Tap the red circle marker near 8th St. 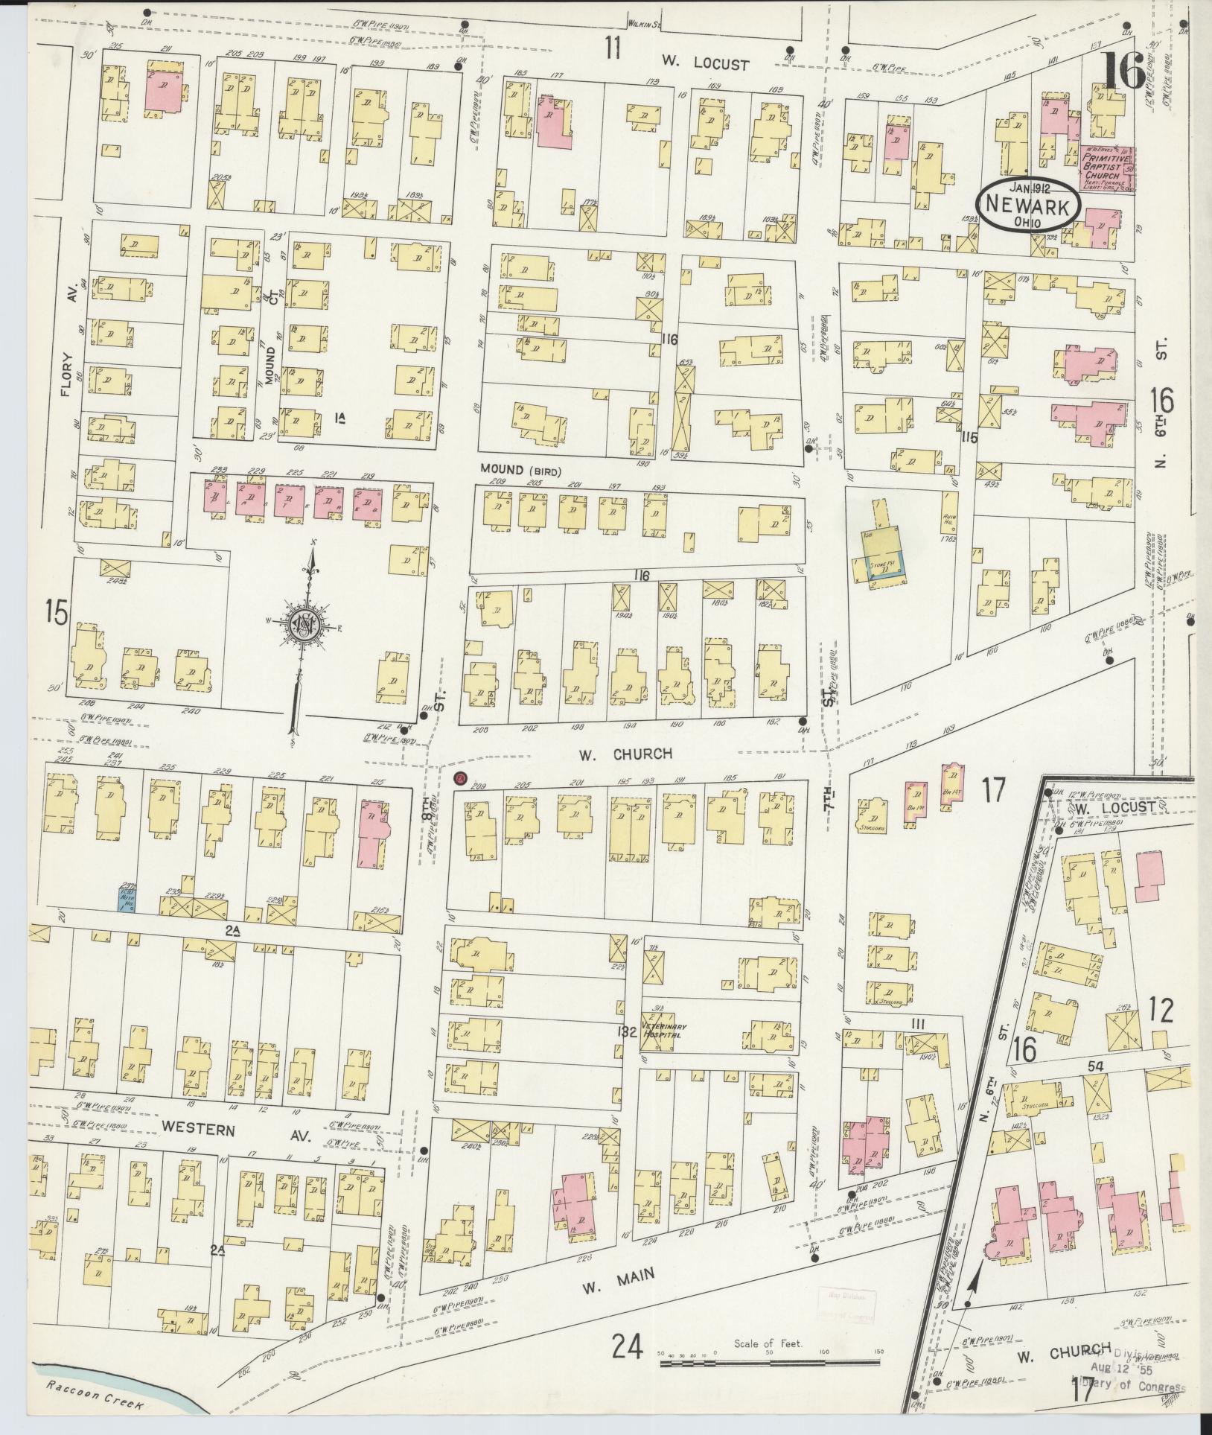coord(459,779)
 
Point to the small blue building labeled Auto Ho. coord(129,898)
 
